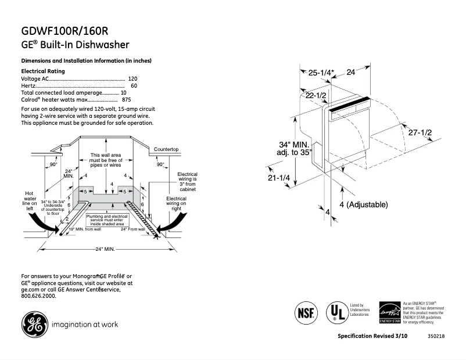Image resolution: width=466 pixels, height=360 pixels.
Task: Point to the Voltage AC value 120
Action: pyautogui.click(x=132, y=78)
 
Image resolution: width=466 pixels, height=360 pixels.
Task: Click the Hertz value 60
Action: pyautogui.click(x=134, y=85)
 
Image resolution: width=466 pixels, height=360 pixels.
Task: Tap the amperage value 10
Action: pyautogui.click(x=124, y=93)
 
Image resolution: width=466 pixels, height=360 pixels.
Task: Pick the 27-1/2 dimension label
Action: pyautogui.click(x=420, y=133)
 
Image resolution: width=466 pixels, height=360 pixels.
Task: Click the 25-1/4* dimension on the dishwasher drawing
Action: pyautogui.click(x=321, y=73)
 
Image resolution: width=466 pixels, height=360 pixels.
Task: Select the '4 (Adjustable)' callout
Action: pyautogui.click(x=364, y=205)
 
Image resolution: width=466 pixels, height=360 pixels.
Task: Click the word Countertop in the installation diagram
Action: pyautogui.click(x=166, y=149)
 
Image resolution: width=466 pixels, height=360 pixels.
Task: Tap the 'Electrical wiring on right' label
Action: pyautogui.click(x=176, y=203)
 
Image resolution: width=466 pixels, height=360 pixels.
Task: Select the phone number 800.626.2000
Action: pyautogui.click(x=38, y=296)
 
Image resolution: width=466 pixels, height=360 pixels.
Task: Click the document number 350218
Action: pyautogui.click(x=435, y=337)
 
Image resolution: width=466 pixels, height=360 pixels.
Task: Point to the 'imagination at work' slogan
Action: pyautogui.click(x=85, y=325)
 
